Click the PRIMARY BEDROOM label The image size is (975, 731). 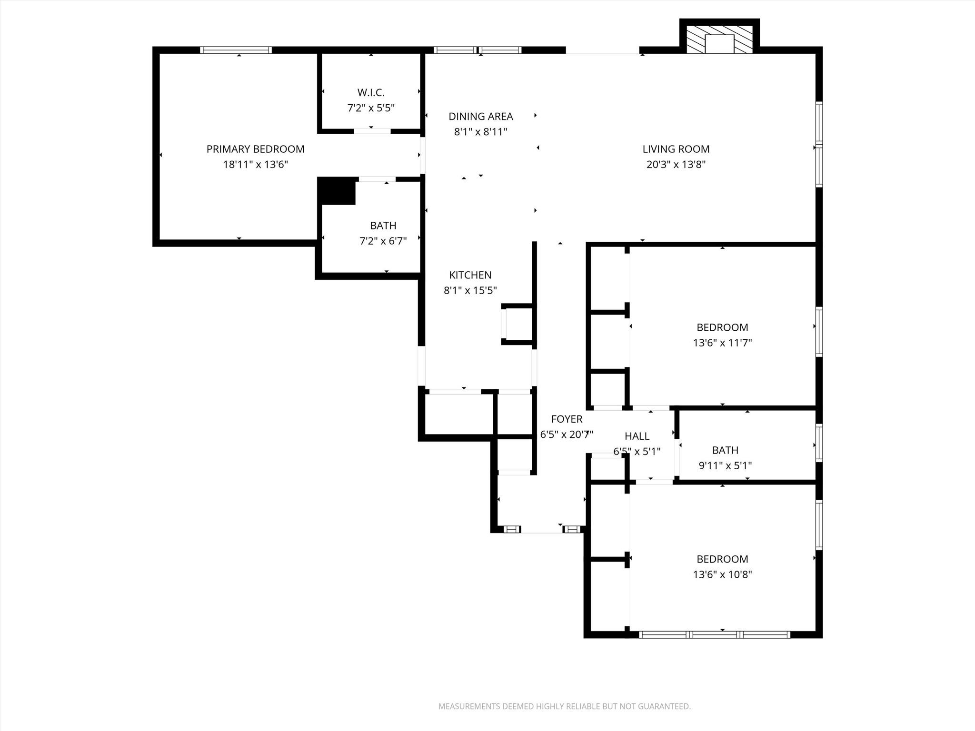[x=255, y=149]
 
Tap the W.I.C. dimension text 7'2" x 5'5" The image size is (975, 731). [x=371, y=108]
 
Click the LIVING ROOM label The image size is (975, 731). [x=676, y=149]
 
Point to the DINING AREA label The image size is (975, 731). [x=480, y=116]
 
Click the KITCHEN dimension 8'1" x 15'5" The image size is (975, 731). [x=470, y=290]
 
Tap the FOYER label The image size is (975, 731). [x=567, y=419]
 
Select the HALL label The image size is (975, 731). [x=637, y=436]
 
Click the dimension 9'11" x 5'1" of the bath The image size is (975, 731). [x=725, y=465]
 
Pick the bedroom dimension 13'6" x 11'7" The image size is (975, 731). [x=722, y=343]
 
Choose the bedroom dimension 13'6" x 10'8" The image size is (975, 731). [x=722, y=574]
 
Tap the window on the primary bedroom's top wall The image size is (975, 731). [x=236, y=50]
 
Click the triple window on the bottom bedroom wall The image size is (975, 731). [x=714, y=634]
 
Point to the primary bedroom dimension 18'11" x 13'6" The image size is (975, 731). [x=255, y=165]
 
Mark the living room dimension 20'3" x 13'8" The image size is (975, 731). [x=676, y=165]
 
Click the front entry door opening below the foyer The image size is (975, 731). [x=542, y=530]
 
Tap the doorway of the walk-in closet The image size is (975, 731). [x=372, y=131]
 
